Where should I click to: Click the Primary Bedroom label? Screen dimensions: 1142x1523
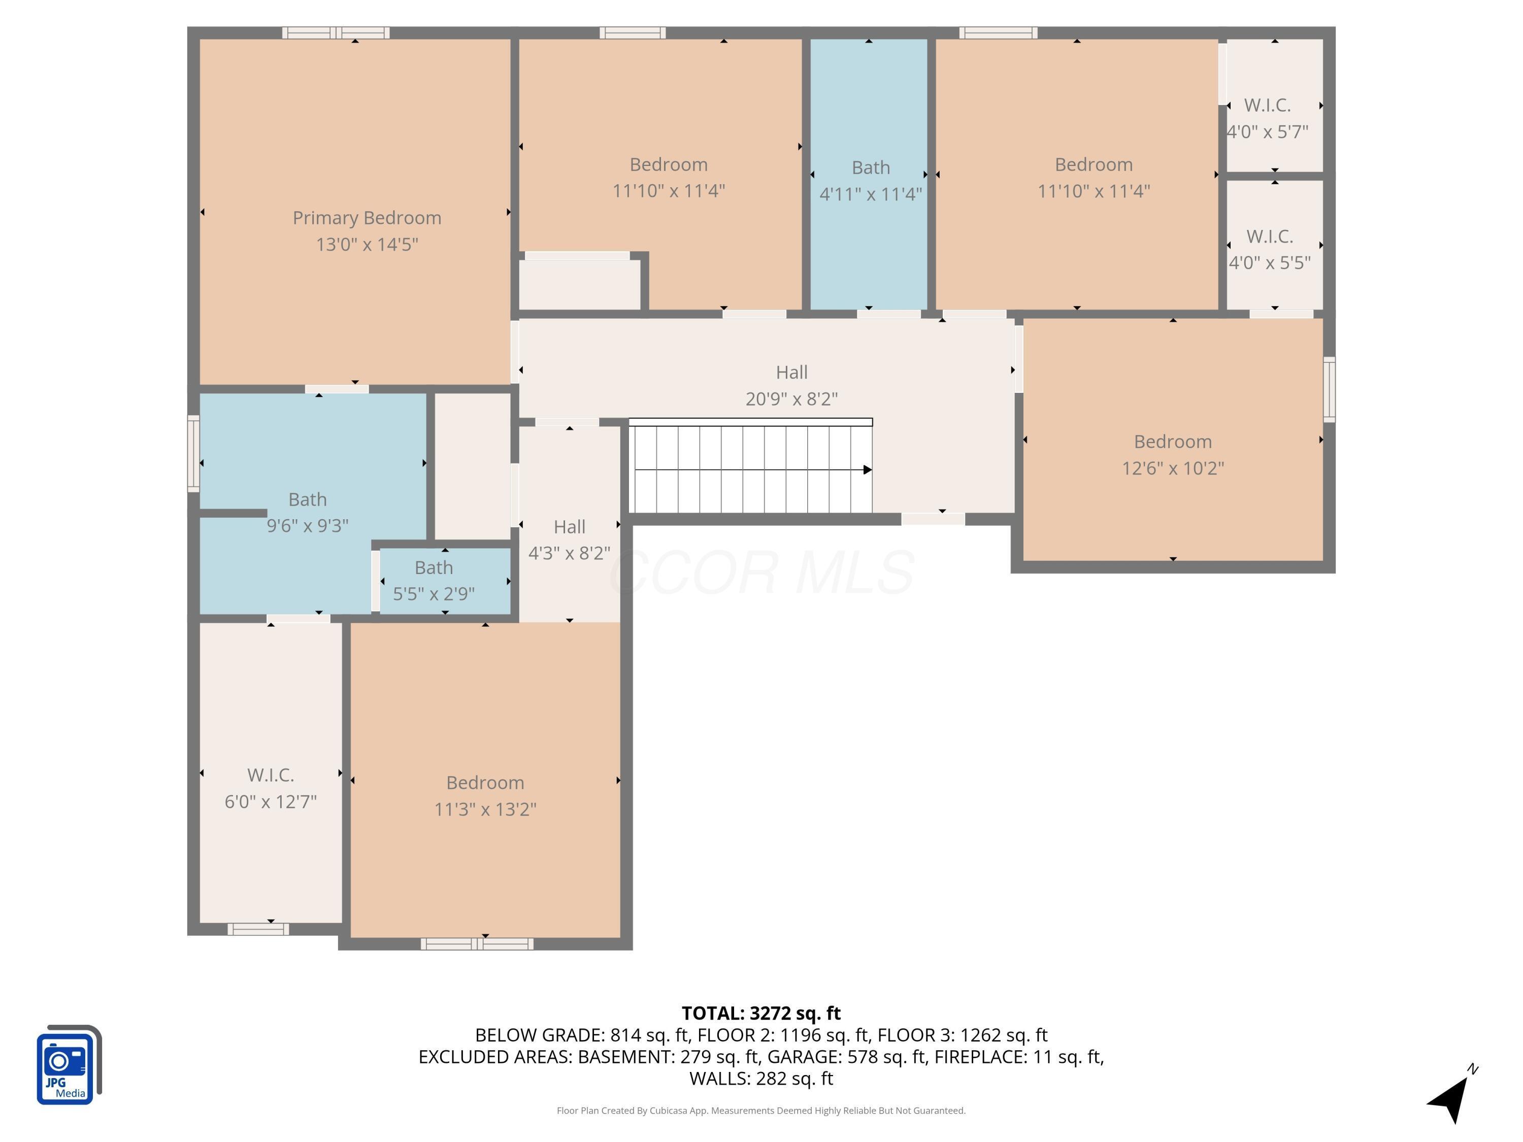367,218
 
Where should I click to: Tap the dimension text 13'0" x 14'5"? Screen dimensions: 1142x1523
367,244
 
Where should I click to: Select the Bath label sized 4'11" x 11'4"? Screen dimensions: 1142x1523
870,167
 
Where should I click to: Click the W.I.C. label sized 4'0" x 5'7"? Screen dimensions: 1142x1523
1267,106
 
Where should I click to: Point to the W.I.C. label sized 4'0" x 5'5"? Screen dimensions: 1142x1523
1269,236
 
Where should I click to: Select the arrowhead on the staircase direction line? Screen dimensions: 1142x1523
868,469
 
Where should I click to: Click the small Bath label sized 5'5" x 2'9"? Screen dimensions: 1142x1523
433,567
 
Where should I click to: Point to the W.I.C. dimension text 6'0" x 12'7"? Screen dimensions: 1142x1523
270,801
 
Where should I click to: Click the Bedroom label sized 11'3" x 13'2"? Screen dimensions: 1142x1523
485,783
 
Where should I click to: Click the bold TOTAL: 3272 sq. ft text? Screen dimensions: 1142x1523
761,1013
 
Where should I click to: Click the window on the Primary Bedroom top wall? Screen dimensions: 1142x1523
335,32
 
